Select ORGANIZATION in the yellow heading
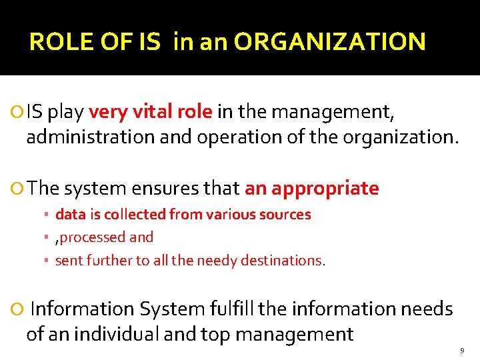tap(329, 43)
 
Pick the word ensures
tap(159, 189)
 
